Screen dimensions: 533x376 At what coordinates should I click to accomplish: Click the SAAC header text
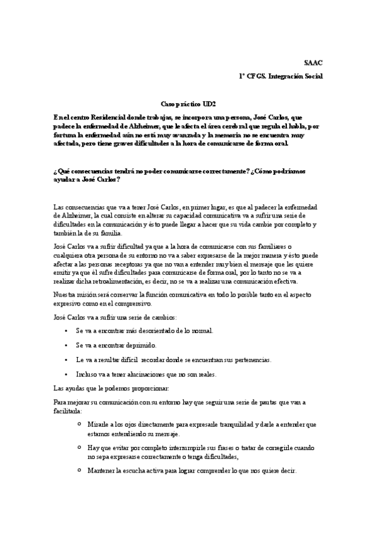coord(313,63)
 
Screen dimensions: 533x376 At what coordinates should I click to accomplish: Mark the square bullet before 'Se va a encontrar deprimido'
coord(67,345)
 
